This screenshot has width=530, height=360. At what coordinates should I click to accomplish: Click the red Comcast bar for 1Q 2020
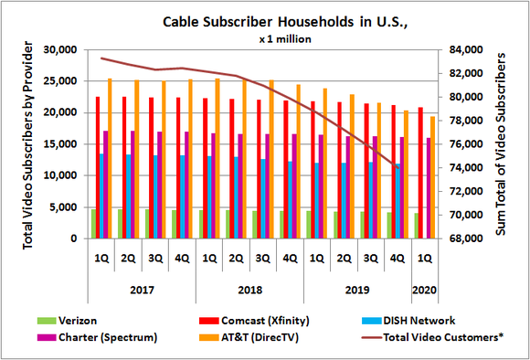point(420,173)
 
